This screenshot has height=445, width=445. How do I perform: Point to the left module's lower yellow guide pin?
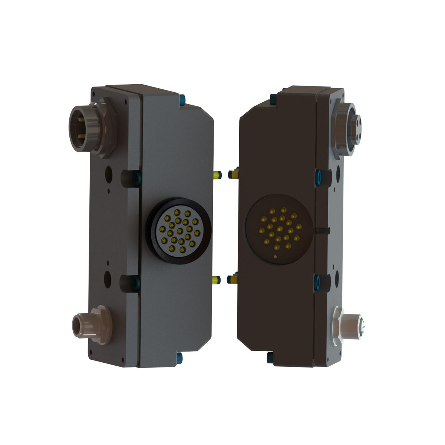tap(217, 280)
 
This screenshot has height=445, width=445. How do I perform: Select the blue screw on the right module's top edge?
tap(273, 99)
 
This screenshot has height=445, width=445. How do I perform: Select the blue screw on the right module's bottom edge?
tap(270, 358)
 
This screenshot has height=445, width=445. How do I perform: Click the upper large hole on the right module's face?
tap(337, 171)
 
